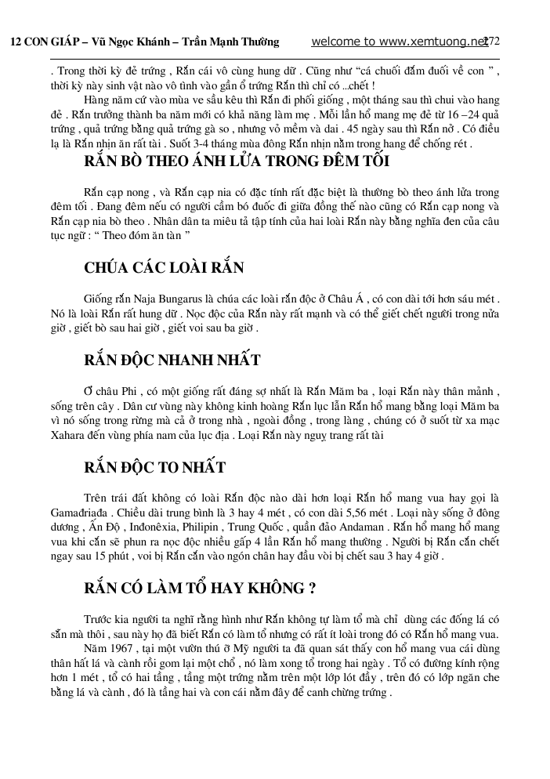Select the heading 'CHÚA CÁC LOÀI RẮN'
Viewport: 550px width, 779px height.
click(164, 268)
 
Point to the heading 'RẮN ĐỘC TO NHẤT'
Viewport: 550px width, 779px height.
click(154, 468)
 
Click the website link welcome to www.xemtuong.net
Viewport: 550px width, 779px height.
click(400, 42)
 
